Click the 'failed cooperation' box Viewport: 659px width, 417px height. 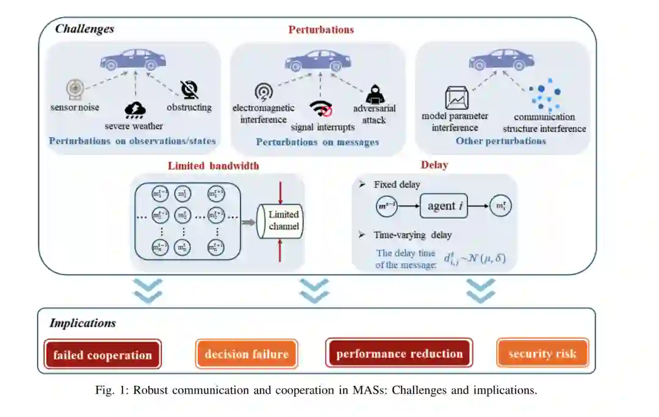pos(102,355)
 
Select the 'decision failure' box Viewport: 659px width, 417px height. pos(247,354)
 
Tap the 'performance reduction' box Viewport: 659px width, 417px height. pos(399,354)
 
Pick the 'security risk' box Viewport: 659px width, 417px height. pos(542,354)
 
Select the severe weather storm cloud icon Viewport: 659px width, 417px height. pos(134,109)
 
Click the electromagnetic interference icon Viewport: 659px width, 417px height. pos(263,92)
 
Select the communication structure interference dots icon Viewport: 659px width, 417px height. pos(545,95)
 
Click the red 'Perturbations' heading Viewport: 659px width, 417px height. pos(321,29)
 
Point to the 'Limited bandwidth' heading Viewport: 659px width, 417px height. pos(213,165)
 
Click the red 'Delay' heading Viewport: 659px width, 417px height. pos(434,165)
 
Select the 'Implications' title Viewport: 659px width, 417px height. pos(82,323)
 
